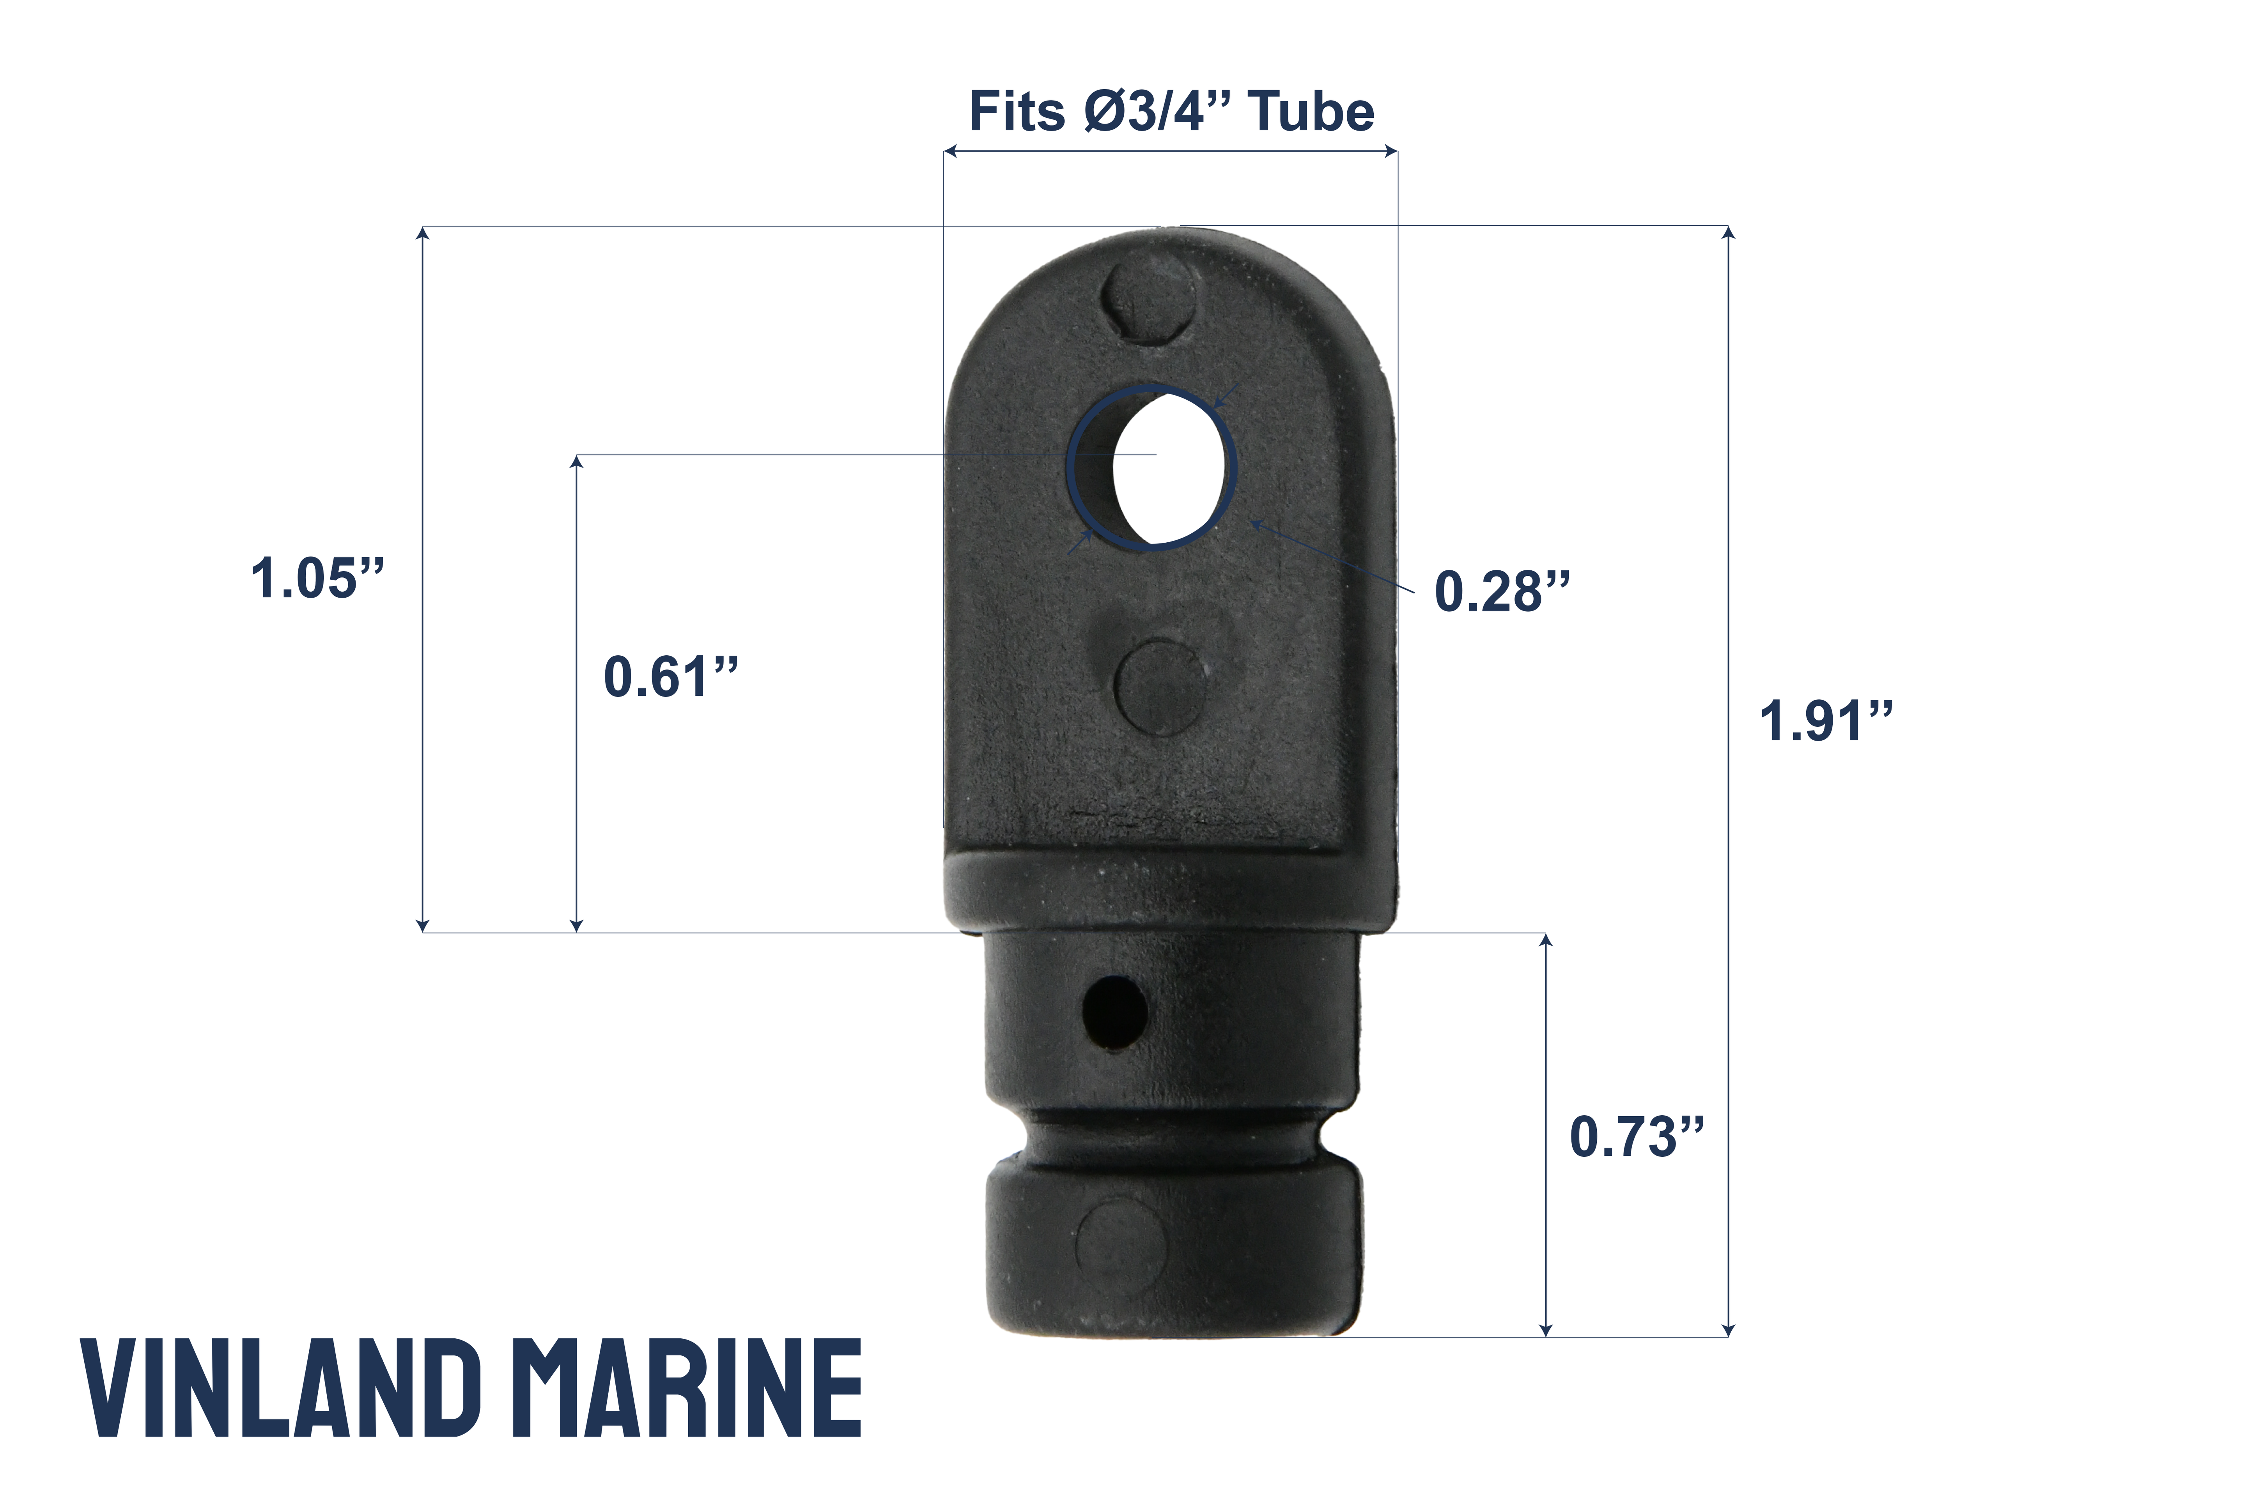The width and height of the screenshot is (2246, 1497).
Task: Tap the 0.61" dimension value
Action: pos(670,677)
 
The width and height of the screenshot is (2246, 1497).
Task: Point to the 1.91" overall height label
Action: pos(1825,721)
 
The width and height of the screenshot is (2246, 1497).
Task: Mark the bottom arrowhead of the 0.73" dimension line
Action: pos(1546,1330)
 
